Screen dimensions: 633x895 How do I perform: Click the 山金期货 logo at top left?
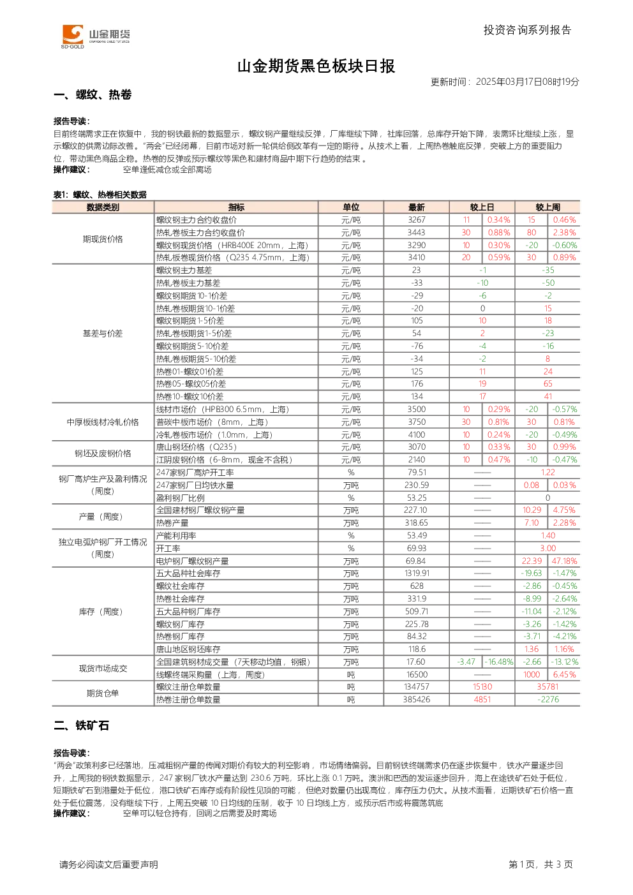coord(96,36)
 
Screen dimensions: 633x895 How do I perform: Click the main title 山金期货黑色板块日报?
coord(316,66)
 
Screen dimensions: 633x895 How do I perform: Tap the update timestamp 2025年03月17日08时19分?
coord(527,82)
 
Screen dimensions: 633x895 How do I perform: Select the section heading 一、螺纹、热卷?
coord(93,94)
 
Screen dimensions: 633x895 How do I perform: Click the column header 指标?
coord(236,207)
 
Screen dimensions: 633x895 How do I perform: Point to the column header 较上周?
coord(547,207)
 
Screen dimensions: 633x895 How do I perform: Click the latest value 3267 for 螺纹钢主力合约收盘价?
coord(417,219)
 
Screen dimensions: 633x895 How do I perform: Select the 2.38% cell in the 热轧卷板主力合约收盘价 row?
coord(564,233)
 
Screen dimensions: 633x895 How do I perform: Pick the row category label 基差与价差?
coord(103,334)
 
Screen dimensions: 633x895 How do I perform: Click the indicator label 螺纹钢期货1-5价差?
coord(190,321)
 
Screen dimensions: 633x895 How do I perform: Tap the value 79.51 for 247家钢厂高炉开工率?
coord(417,472)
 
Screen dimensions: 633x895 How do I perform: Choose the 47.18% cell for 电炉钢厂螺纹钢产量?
coord(564,561)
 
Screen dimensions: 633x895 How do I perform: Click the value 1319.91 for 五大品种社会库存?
coord(417,573)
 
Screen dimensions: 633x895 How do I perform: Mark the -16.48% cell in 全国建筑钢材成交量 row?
coord(499,662)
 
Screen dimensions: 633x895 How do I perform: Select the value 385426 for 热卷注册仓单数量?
coord(417,700)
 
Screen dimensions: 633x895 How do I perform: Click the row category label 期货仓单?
coord(103,693)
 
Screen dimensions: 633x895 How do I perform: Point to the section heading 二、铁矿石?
coord(81,725)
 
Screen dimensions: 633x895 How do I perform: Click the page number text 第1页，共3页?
coord(540,864)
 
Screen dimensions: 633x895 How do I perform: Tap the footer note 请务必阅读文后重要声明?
coord(108,864)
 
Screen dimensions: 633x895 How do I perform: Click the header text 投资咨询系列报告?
coord(528,30)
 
